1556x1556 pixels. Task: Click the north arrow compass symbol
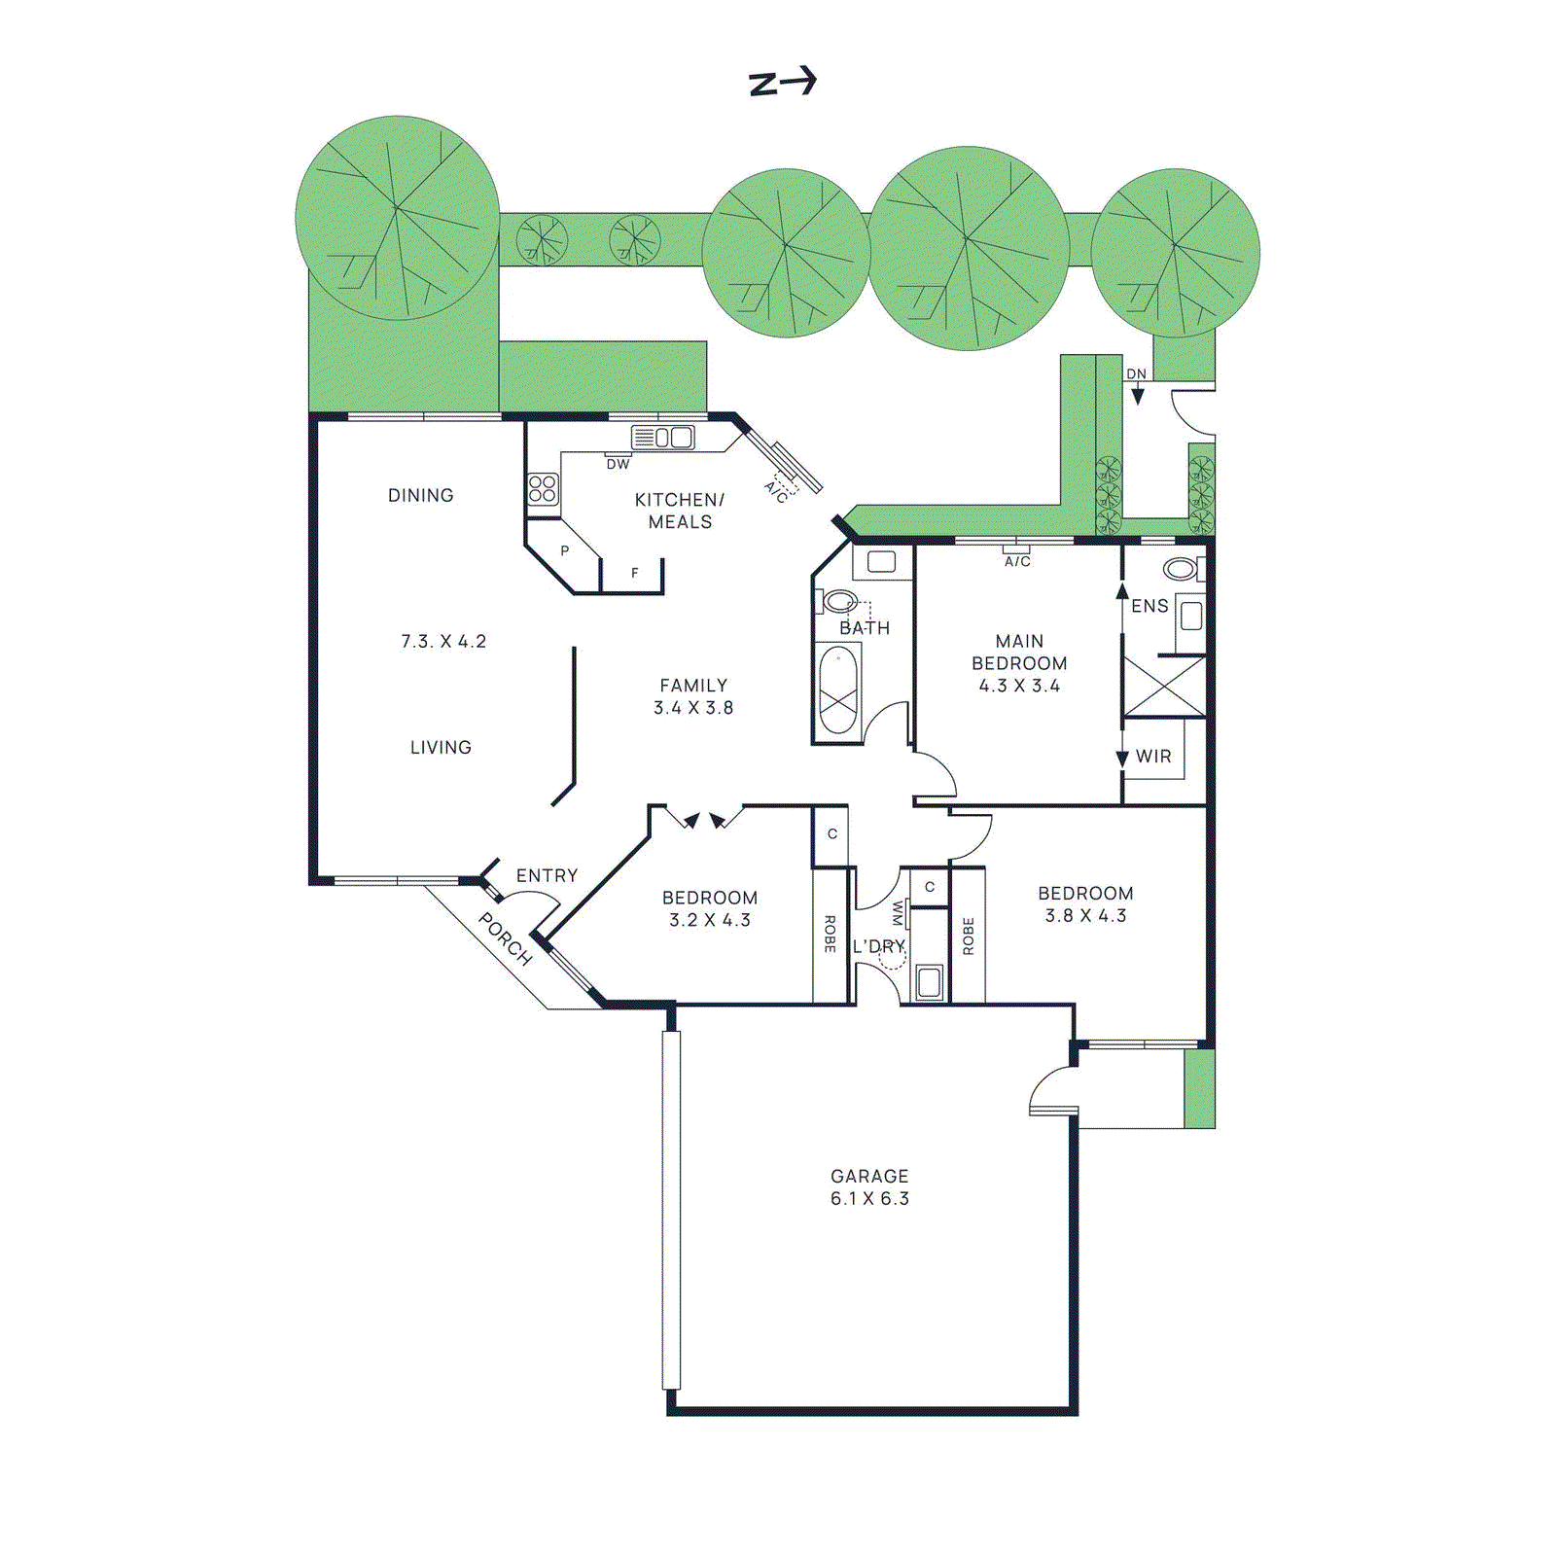(783, 82)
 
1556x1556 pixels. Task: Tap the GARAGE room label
(869, 1176)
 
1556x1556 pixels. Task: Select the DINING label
(420, 495)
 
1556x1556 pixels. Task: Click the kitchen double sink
(674, 438)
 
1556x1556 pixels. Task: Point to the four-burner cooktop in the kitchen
(543, 488)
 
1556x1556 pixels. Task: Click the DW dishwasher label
(618, 465)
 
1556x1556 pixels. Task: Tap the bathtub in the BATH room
(838, 690)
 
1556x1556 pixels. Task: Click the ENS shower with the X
(1164, 686)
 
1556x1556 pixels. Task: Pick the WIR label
(1153, 756)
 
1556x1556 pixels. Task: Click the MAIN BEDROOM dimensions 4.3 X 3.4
(1019, 686)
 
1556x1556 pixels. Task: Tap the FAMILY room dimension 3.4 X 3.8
(693, 708)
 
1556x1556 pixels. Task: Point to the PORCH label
(506, 938)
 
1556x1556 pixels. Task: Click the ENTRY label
(547, 875)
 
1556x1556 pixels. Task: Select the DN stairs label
(1136, 374)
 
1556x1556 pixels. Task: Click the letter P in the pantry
(564, 550)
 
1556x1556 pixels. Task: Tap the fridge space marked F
(634, 573)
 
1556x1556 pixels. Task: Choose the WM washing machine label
(898, 914)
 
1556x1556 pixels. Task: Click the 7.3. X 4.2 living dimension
(443, 641)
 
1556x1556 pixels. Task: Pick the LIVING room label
(441, 747)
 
